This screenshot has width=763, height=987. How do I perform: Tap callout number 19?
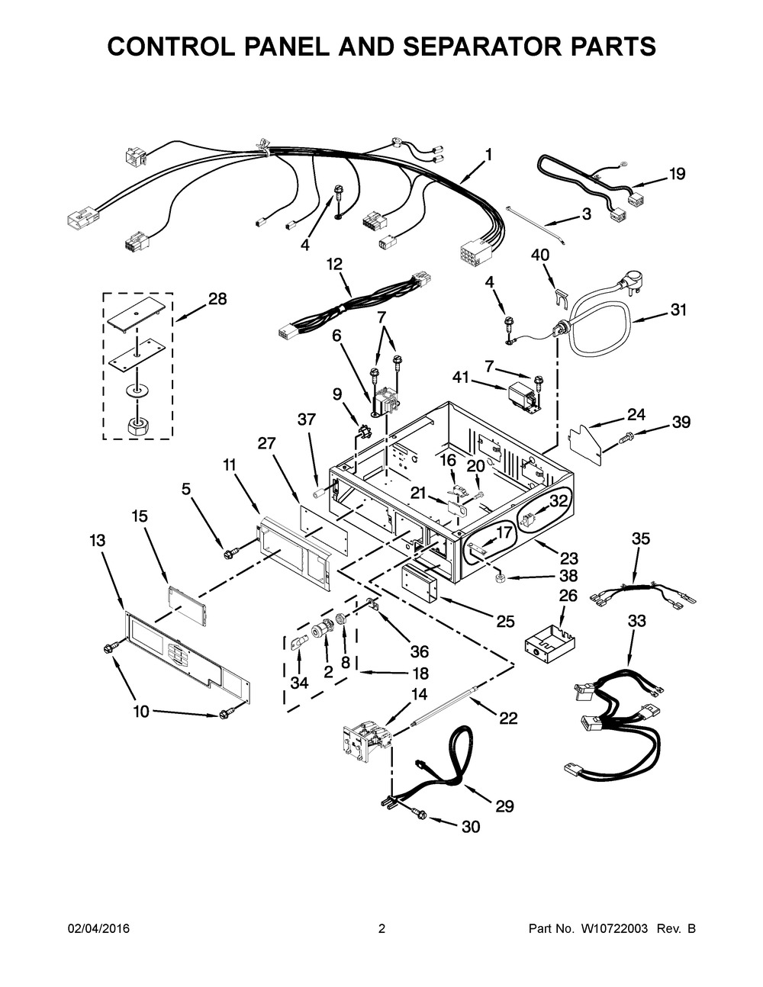[x=678, y=173]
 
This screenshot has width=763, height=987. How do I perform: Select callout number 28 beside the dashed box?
[x=217, y=299]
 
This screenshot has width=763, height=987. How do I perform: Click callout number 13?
[x=97, y=541]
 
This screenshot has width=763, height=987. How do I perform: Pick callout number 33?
[x=637, y=620]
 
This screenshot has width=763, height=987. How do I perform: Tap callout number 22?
[x=508, y=718]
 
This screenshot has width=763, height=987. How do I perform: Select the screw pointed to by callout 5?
[x=228, y=554]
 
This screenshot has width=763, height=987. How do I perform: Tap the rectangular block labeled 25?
[x=418, y=583]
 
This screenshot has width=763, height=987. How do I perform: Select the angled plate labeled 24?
[x=587, y=442]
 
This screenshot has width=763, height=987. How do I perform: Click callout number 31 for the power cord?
[x=678, y=310]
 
